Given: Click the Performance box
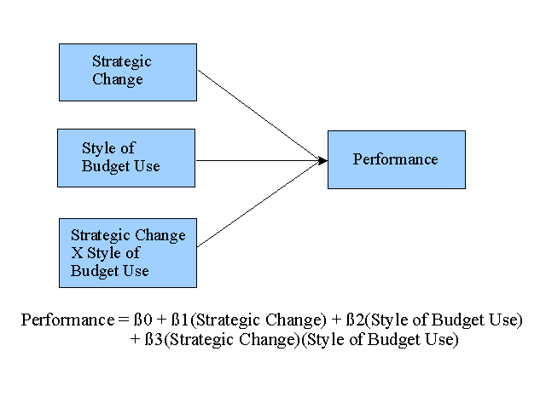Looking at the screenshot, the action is pos(397,159).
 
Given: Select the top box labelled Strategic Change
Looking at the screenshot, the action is pos(128,72).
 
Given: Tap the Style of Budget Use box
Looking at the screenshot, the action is pos(126,158).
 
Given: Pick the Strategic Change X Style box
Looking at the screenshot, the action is pos(128,253).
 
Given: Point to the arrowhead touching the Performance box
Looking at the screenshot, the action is pos(323,161).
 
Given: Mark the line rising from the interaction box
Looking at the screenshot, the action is pos(259,204).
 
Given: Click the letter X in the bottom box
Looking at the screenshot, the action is pos(77,253).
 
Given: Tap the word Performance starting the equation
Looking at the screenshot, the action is pos(67,320).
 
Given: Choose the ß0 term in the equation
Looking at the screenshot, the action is pos(143,320).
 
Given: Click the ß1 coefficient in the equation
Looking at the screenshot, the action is pos(180,320).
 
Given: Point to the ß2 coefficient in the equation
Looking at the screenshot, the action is pos(356,320).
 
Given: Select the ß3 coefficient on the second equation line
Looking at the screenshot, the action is pos(154,339).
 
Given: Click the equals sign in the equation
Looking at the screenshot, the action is pos(124,320).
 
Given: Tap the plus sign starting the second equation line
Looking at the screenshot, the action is pos(135,339).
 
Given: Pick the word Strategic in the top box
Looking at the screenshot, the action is pos(122,62).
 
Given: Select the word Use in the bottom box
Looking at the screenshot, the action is pos(135,271).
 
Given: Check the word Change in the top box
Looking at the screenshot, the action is pos(118,79).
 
